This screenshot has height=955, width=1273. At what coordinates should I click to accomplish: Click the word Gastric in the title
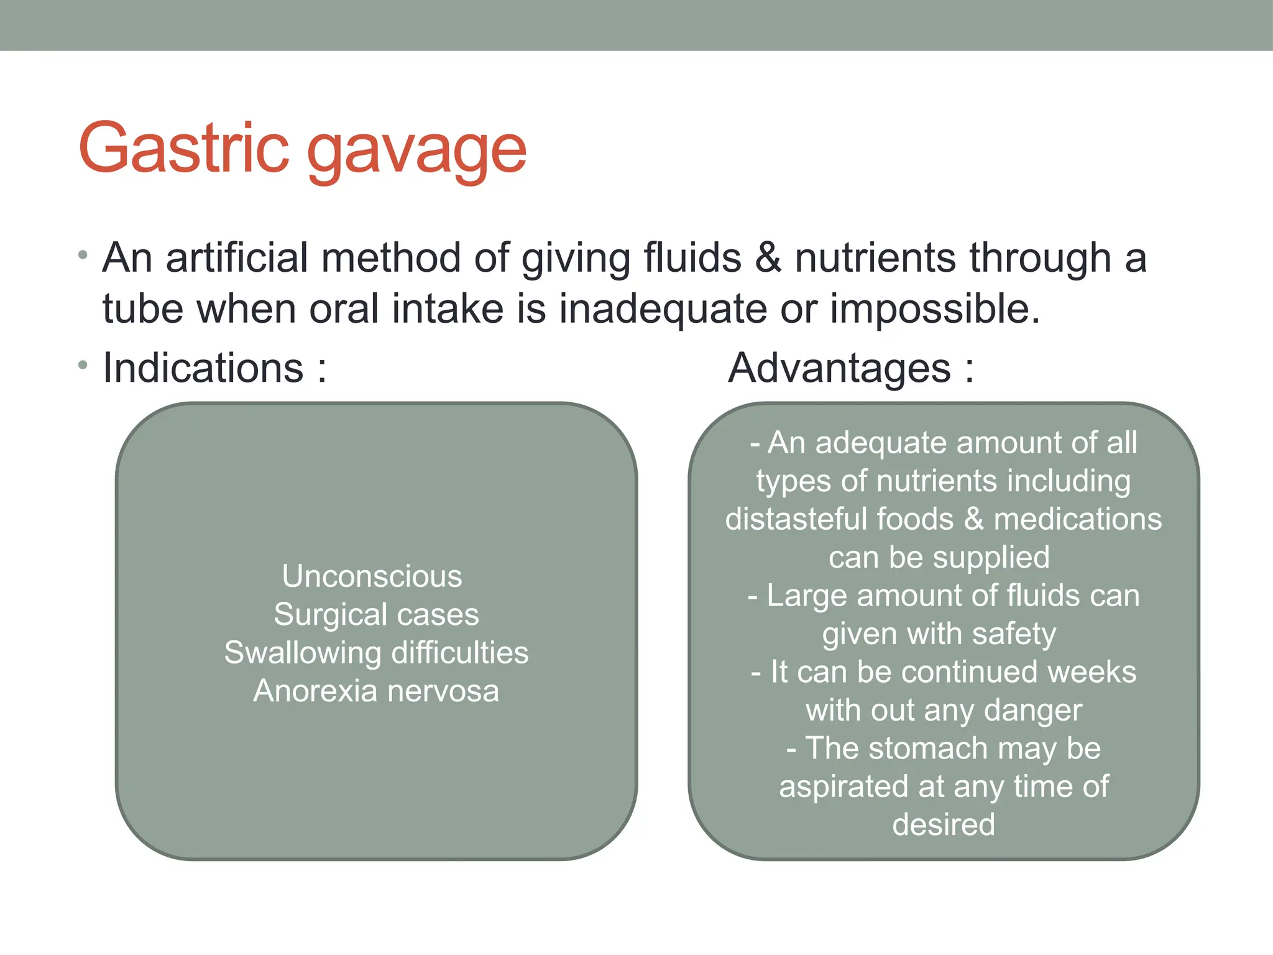click(x=184, y=148)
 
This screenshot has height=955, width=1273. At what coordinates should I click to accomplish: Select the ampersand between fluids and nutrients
click(x=768, y=258)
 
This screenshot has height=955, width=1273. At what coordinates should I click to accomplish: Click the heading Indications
click(x=203, y=368)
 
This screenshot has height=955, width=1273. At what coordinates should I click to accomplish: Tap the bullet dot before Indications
click(x=83, y=365)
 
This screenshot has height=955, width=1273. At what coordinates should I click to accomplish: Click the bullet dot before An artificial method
click(x=83, y=255)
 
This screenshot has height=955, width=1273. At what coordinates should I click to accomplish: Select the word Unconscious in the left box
click(x=372, y=576)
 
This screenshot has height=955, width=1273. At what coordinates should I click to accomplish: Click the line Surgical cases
click(x=376, y=614)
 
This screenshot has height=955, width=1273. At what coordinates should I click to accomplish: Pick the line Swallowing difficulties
click(x=376, y=653)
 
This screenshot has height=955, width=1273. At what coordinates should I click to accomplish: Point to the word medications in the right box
click(x=1077, y=519)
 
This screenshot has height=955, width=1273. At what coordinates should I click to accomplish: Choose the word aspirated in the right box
click(x=844, y=787)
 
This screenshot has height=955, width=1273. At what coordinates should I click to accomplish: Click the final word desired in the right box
click(x=944, y=824)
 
